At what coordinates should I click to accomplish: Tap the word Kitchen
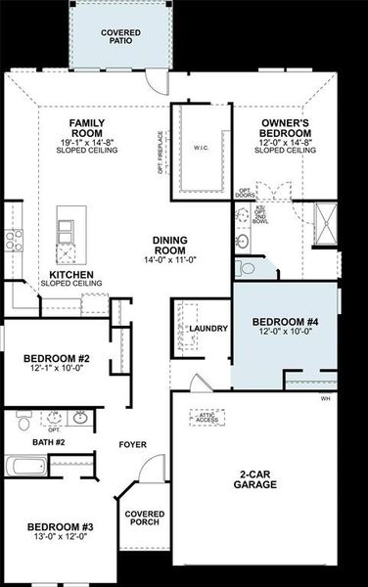[x=71, y=275]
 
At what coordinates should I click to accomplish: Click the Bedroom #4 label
[x=285, y=323]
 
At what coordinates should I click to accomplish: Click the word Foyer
[x=133, y=444]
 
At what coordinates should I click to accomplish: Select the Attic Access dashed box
[x=208, y=418]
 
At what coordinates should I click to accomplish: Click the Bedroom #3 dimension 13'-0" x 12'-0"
[x=58, y=536]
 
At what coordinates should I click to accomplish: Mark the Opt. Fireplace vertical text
[x=162, y=153]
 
